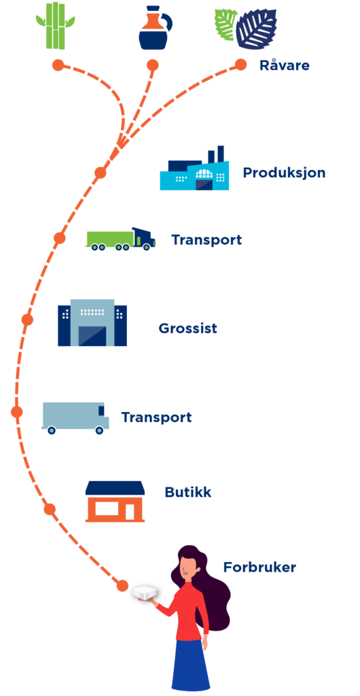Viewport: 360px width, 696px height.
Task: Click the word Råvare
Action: point(284,66)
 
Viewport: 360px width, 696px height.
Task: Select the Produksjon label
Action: point(284,173)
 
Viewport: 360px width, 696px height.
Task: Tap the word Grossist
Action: point(188,328)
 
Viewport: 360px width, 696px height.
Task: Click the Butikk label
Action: point(188,492)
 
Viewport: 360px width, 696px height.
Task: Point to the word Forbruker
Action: point(259,568)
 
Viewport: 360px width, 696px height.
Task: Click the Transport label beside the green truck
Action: point(206,240)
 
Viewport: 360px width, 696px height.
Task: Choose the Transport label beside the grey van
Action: point(156,418)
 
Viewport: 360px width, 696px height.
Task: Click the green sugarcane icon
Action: point(56,25)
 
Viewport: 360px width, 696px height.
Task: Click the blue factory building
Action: point(195,169)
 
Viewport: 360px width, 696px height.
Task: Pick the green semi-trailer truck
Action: point(121,239)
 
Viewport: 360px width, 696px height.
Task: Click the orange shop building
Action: point(115,502)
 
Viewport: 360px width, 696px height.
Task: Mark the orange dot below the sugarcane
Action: point(58,65)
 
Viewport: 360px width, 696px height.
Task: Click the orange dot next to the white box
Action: point(122,586)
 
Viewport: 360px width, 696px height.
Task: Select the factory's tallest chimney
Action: point(221,154)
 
